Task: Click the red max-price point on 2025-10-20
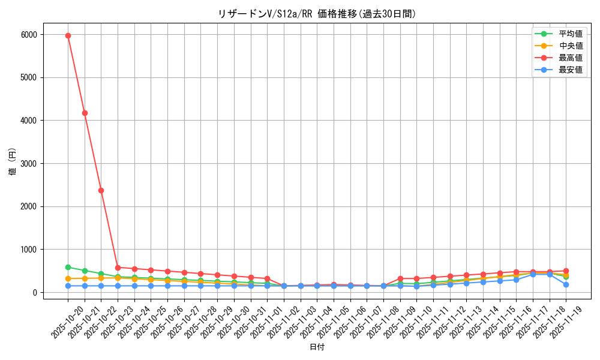(x=68, y=35)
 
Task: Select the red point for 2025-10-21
(x=85, y=113)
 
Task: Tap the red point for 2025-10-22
(x=101, y=190)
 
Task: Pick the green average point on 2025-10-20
(x=68, y=267)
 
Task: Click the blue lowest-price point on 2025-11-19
(x=566, y=284)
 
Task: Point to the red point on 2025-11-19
(x=566, y=271)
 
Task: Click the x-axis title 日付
(x=317, y=347)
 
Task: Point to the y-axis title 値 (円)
(x=13, y=163)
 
